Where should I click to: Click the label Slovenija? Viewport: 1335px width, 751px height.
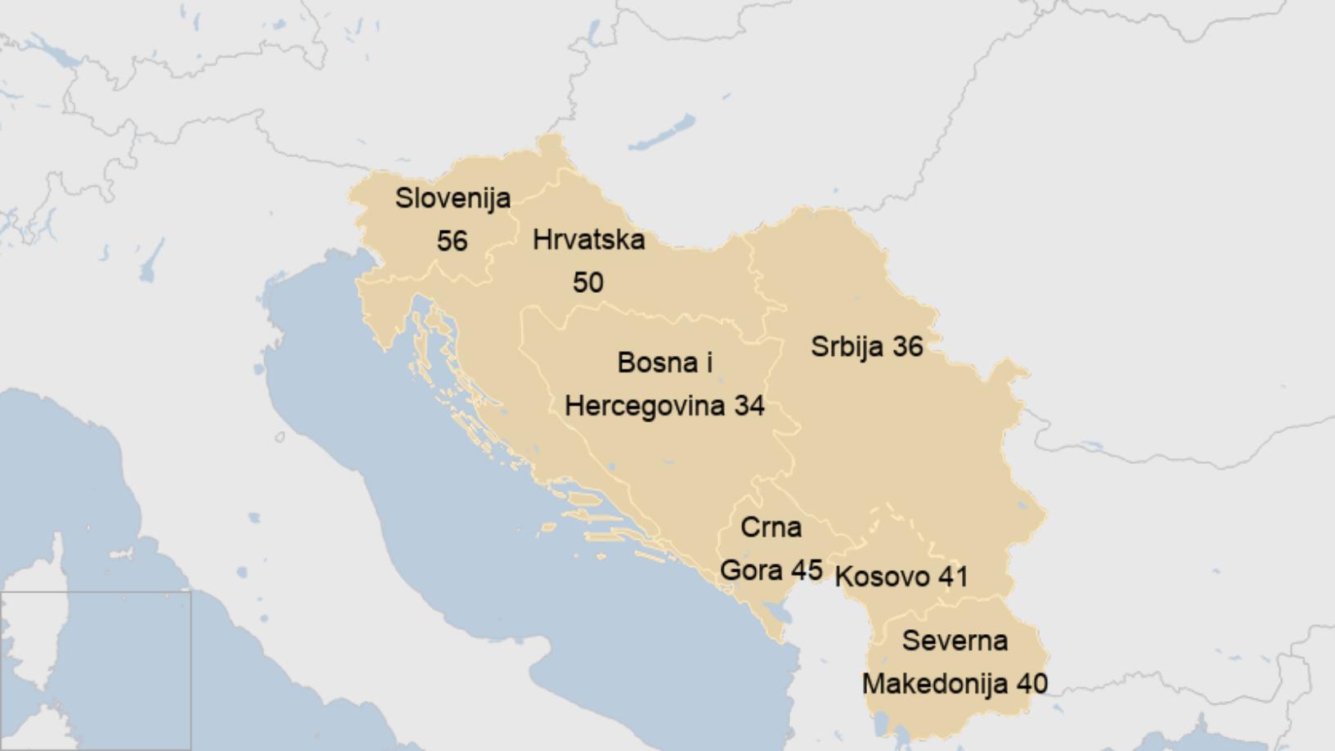[452, 198]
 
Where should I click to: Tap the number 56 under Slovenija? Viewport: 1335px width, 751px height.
[452, 241]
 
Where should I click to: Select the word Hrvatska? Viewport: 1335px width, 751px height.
[588, 240]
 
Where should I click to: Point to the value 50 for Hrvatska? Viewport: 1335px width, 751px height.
[587, 283]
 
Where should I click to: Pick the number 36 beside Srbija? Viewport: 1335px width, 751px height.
[907, 346]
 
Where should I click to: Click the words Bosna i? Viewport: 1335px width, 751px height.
[664, 362]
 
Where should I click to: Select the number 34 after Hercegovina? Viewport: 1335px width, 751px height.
[748, 406]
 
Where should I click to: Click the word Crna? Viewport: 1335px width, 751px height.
[771, 528]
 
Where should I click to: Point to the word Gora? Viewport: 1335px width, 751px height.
[752, 569]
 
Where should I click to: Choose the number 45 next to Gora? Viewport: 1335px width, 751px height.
[807, 569]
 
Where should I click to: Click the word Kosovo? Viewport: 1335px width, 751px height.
[882, 577]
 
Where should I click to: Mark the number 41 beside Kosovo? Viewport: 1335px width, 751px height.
[953, 577]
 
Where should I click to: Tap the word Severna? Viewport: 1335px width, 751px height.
[954, 641]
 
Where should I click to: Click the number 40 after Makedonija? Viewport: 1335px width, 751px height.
[1032, 684]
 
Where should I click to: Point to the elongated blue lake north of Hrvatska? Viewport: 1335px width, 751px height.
[663, 133]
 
